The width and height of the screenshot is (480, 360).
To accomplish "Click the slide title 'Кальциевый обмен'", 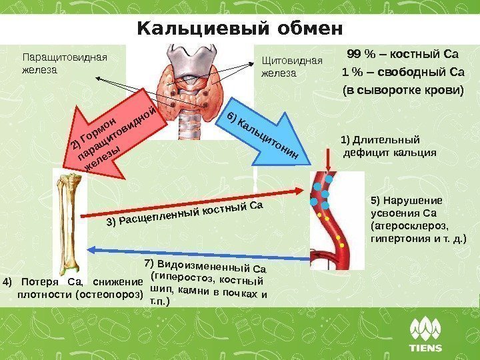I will coord(239,29).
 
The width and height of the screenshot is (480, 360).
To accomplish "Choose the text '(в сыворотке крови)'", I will coord(401,90).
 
